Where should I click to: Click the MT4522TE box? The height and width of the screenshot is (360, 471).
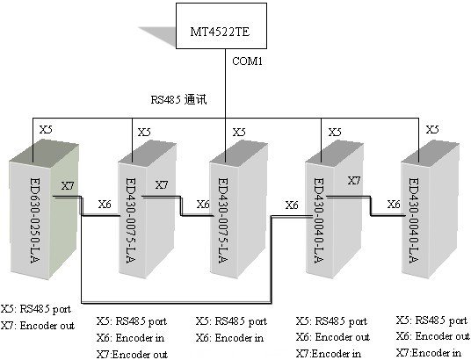tap(221, 25)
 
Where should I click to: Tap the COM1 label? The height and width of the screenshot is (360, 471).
tap(247, 61)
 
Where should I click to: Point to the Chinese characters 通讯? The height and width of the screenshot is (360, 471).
tap(196, 99)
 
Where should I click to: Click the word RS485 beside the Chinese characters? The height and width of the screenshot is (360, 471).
tap(165, 100)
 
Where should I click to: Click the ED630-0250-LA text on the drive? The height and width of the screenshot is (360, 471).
tap(35, 220)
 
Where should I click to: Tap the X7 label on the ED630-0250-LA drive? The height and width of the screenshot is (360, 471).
tap(68, 186)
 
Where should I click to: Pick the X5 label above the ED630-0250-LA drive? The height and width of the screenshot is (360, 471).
tap(46, 129)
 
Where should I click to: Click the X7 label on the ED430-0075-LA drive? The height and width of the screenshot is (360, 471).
tap(162, 185)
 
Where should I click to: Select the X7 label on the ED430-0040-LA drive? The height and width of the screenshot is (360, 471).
tap(354, 181)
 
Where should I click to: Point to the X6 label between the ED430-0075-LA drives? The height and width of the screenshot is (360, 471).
tap(203, 205)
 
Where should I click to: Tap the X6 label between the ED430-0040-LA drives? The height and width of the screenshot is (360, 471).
tap(394, 205)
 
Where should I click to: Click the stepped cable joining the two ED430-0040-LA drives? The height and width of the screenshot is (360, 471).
tap(371, 206)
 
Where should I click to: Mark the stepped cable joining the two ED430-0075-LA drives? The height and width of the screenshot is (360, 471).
tap(181, 206)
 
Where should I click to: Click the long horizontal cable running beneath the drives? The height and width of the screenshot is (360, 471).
tap(177, 303)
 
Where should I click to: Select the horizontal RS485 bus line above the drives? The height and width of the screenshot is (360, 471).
tap(225, 118)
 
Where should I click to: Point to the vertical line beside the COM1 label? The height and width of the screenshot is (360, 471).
tap(225, 83)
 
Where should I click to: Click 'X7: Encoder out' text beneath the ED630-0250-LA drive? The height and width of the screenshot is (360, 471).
tap(38, 326)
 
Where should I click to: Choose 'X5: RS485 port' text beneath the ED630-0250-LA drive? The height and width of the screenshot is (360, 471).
tap(36, 309)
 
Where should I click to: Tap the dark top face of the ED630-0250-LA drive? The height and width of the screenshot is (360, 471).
tap(44, 153)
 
